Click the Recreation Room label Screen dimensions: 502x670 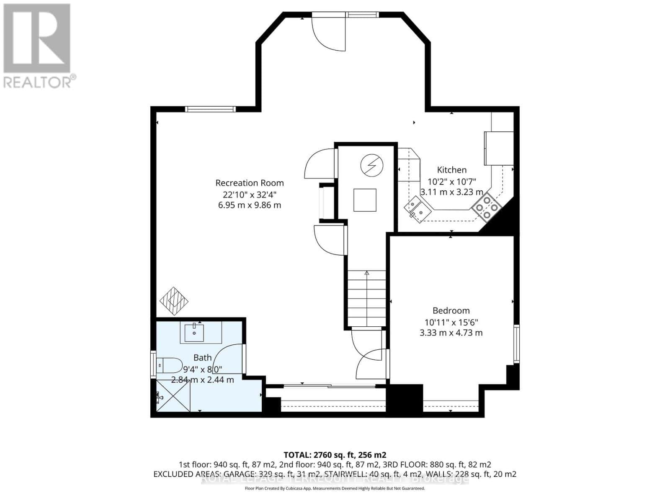(x=250, y=183)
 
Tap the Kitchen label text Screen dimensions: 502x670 (x=451, y=170)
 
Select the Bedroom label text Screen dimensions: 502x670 (x=451, y=310)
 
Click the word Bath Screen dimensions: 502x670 (x=202, y=358)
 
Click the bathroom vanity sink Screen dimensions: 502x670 (x=194, y=333)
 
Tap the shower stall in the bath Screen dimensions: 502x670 (x=173, y=396)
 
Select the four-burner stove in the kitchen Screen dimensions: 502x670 (x=486, y=207)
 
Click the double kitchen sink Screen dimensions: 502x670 (x=416, y=208)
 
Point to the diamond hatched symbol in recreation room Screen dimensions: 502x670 (x=174, y=301)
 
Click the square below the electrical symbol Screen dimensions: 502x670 (x=365, y=200)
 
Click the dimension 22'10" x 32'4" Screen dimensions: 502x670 (x=250, y=195)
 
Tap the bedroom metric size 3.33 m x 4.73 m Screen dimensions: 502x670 (x=451, y=333)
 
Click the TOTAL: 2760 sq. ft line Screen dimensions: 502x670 (x=335, y=455)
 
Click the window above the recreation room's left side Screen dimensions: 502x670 (x=211, y=109)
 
